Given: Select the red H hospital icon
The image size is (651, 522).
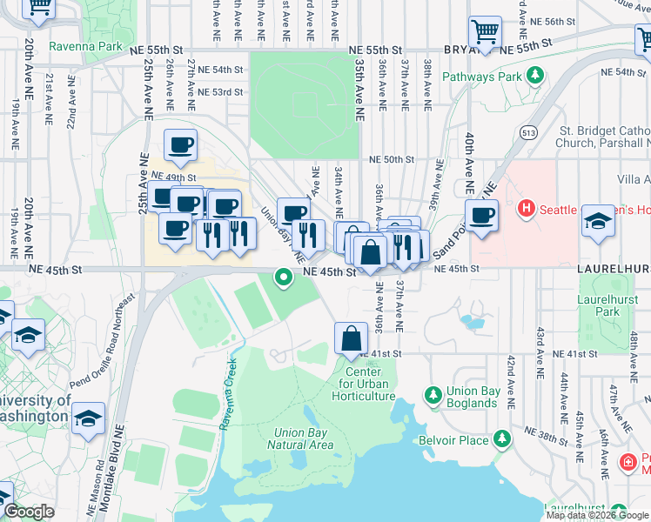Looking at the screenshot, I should [x=526, y=209].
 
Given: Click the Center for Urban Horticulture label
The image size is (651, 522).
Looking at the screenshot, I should [x=364, y=384].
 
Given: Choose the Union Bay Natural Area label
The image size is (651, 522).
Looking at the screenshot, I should [x=304, y=438].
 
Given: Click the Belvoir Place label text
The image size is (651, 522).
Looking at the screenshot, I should [x=460, y=440].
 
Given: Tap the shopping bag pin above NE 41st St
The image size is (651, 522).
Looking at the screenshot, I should [x=351, y=338].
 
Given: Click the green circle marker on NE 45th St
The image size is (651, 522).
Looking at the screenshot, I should [x=283, y=278].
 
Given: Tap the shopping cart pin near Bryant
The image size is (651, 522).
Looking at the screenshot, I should [x=485, y=32].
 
